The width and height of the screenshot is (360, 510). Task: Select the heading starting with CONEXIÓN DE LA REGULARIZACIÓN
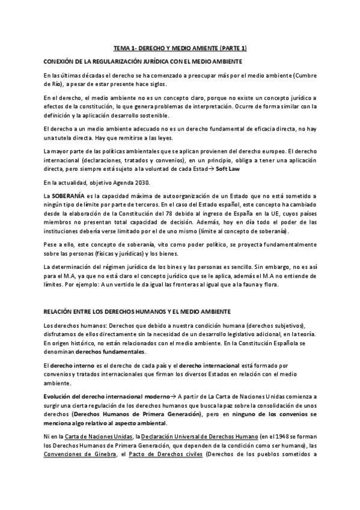coord(143,61)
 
